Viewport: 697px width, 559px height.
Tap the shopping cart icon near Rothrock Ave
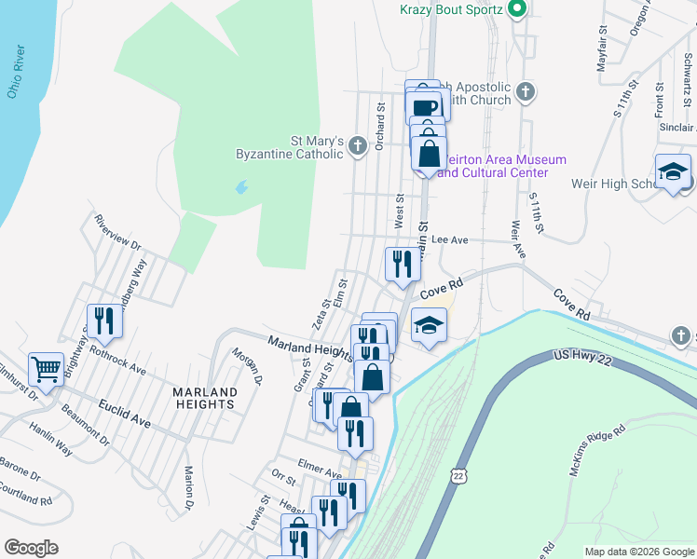point(46,369)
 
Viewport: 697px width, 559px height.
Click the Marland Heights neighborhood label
point(204,398)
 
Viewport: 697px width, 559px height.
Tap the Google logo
point(31,548)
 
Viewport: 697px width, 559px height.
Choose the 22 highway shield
point(458,475)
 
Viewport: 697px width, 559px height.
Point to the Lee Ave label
point(449,239)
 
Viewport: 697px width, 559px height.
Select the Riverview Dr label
point(117,232)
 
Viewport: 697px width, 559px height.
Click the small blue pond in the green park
point(242,186)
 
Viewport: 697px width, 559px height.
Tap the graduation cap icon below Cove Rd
point(429,325)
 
